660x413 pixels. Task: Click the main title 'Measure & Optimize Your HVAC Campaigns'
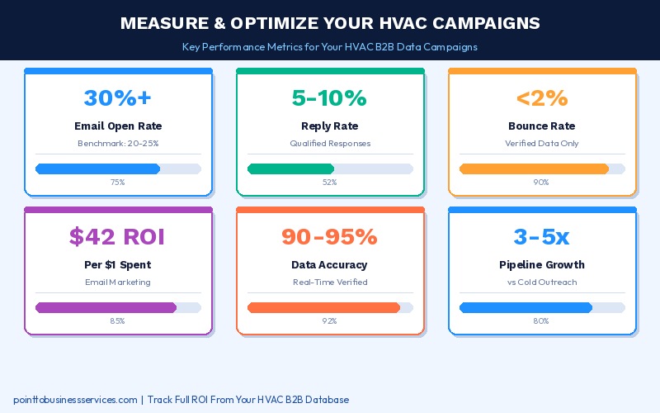point(330,22)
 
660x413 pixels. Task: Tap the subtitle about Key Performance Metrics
point(330,47)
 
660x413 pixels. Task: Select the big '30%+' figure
point(118,97)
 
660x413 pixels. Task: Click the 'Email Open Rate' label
point(118,126)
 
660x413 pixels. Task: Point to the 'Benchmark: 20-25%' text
point(118,143)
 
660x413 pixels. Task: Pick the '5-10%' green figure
point(329,97)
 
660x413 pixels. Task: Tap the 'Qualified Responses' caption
point(329,143)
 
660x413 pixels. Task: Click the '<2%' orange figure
point(541,97)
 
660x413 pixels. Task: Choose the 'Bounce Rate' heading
point(541,126)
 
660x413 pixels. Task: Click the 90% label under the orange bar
point(541,182)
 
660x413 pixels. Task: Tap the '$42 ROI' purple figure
point(118,236)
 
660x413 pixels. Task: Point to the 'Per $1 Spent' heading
point(118,265)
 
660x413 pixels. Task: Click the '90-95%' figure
point(329,236)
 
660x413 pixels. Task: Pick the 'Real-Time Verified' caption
point(329,282)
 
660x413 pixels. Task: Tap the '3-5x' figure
point(541,236)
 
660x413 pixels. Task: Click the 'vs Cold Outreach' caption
point(541,282)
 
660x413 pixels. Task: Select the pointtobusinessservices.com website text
point(75,400)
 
